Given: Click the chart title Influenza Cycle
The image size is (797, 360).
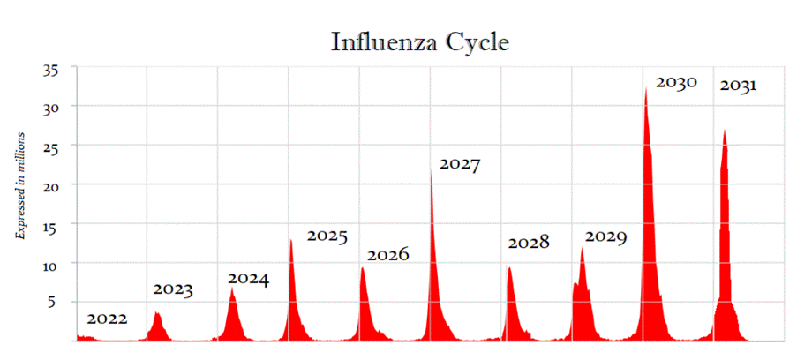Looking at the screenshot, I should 419,41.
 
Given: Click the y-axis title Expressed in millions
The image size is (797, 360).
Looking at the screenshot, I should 19,185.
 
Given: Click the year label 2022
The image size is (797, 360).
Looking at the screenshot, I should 108,319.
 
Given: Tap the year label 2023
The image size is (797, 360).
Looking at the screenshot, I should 174,289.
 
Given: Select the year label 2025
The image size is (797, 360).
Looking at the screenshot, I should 327,236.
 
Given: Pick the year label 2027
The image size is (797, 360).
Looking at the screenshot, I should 459,164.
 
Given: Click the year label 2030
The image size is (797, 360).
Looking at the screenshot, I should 676,82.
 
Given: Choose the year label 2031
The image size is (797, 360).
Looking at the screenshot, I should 738,86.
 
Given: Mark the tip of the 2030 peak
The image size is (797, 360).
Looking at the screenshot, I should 646,87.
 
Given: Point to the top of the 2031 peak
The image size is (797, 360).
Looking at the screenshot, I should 725,130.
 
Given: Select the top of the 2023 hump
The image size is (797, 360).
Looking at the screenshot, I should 156,312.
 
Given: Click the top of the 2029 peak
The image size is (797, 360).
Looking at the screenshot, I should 582,248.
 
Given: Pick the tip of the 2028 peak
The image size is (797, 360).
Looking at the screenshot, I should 508,267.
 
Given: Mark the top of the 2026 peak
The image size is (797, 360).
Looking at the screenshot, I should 362,267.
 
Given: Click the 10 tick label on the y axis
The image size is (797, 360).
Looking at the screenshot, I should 59,264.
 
